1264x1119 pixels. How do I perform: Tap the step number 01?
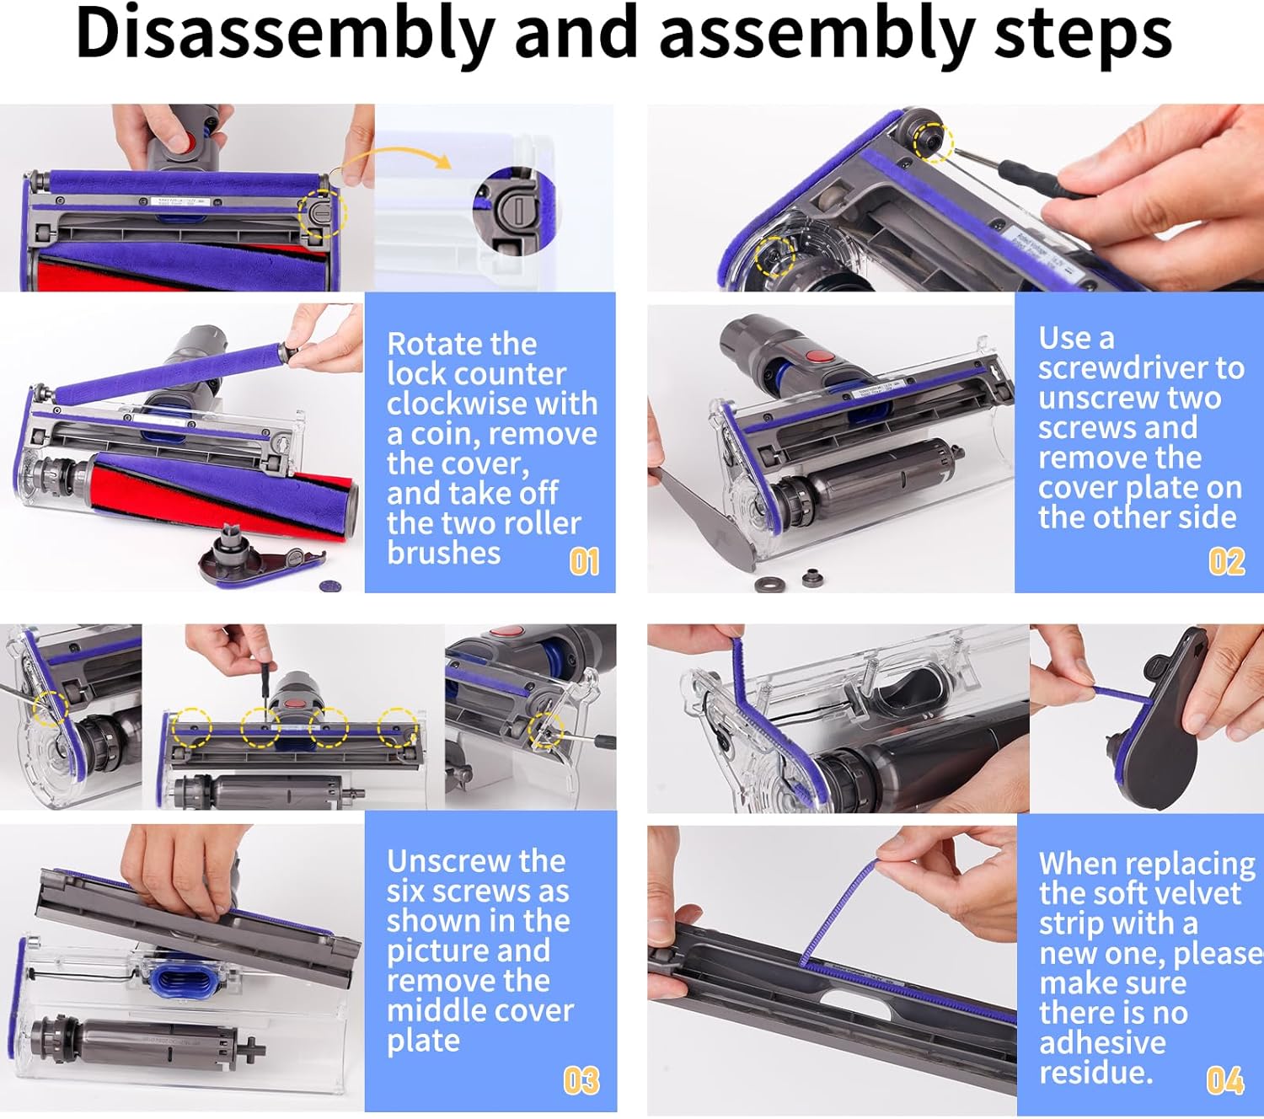(x=584, y=561)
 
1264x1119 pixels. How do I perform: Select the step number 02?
(x=1227, y=561)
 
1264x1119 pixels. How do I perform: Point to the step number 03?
(x=581, y=1080)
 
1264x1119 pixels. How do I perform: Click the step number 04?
(x=1225, y=1080)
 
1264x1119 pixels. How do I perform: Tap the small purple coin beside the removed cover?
(x=330, y=586)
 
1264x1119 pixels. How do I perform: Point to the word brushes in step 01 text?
(x=443, y=554)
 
